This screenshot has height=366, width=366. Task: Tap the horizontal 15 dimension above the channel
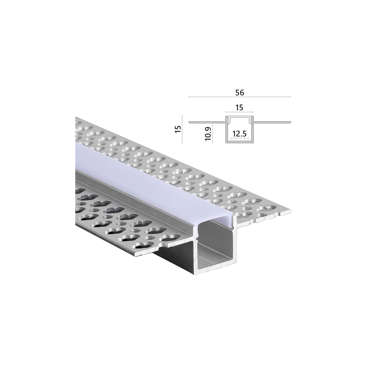(x=239, y=107)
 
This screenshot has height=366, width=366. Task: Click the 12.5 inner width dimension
(x=239, y=134)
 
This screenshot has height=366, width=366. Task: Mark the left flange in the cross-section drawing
(x=207, y=122)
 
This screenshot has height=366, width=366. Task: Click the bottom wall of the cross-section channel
(x=239, y=142)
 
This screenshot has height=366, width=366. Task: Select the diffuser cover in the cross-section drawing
(x=239, y=116)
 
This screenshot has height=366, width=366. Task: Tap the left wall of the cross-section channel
(x=226, y=132)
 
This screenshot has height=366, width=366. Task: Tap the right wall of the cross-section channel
(x=254, y=132)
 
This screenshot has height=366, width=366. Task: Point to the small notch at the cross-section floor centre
(x=239, y=141)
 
